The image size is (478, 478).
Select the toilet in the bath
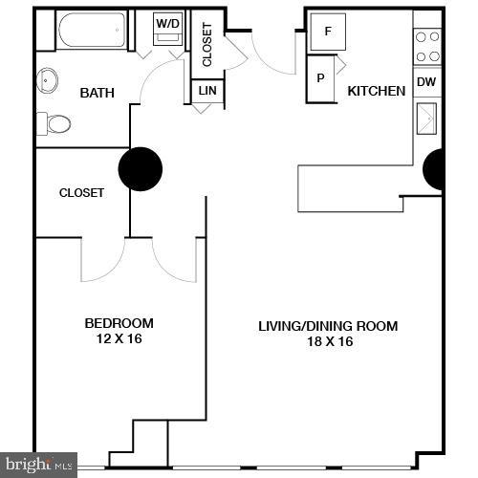(55, 124)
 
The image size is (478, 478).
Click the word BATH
(97, 93)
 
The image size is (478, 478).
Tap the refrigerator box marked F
(329, 31)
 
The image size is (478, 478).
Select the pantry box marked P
(320, 77)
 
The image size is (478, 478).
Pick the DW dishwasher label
(426, 82)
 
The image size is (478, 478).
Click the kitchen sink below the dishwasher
(426, 119)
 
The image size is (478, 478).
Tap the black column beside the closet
(140, 169)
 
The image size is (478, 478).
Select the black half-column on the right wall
(435, 169)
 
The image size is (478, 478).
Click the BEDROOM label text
(119, 323)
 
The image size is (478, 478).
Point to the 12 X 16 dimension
(119, 338)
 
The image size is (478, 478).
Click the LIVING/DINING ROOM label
(328, 326)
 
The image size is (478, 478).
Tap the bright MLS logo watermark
(38, 466)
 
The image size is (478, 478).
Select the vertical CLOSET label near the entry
(207, 44)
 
